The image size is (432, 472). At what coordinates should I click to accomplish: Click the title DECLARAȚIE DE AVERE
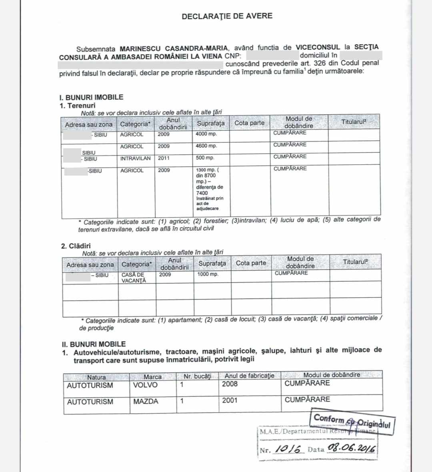tap(227, 16)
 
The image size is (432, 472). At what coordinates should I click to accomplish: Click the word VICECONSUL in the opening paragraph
tap(318, 47)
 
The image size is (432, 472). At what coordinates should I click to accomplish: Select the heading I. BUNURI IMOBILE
tap(91, 97)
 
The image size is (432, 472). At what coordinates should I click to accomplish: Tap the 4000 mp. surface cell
tap(206, 134)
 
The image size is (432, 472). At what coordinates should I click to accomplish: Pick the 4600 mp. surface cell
tap(206, 146)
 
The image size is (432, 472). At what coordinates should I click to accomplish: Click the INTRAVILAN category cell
tap(135, 158)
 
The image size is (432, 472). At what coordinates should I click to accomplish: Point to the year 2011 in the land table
tap(164, 158)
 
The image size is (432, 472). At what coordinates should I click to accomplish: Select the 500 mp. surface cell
tap(205, 158)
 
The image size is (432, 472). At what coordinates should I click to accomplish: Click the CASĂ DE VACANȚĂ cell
tap(134, 278)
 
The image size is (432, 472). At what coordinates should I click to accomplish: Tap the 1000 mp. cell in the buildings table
tap(208, 275)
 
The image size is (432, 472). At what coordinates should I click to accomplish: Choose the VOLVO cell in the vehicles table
tap(145, 385)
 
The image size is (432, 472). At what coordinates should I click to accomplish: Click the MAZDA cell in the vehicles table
tap(146, 401)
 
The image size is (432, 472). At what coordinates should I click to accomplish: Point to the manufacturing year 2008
tap(230, 384)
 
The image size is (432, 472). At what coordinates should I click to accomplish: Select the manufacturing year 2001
tap(230, 400)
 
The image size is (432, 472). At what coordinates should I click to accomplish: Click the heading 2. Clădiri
tap(76, 246)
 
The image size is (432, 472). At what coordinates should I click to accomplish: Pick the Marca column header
tap(152, 377)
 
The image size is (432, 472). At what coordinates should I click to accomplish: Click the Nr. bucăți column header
tap(197, 376)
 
